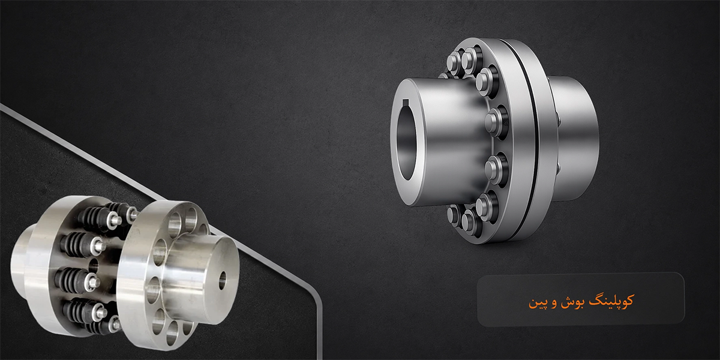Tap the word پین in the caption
coord(536,303)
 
